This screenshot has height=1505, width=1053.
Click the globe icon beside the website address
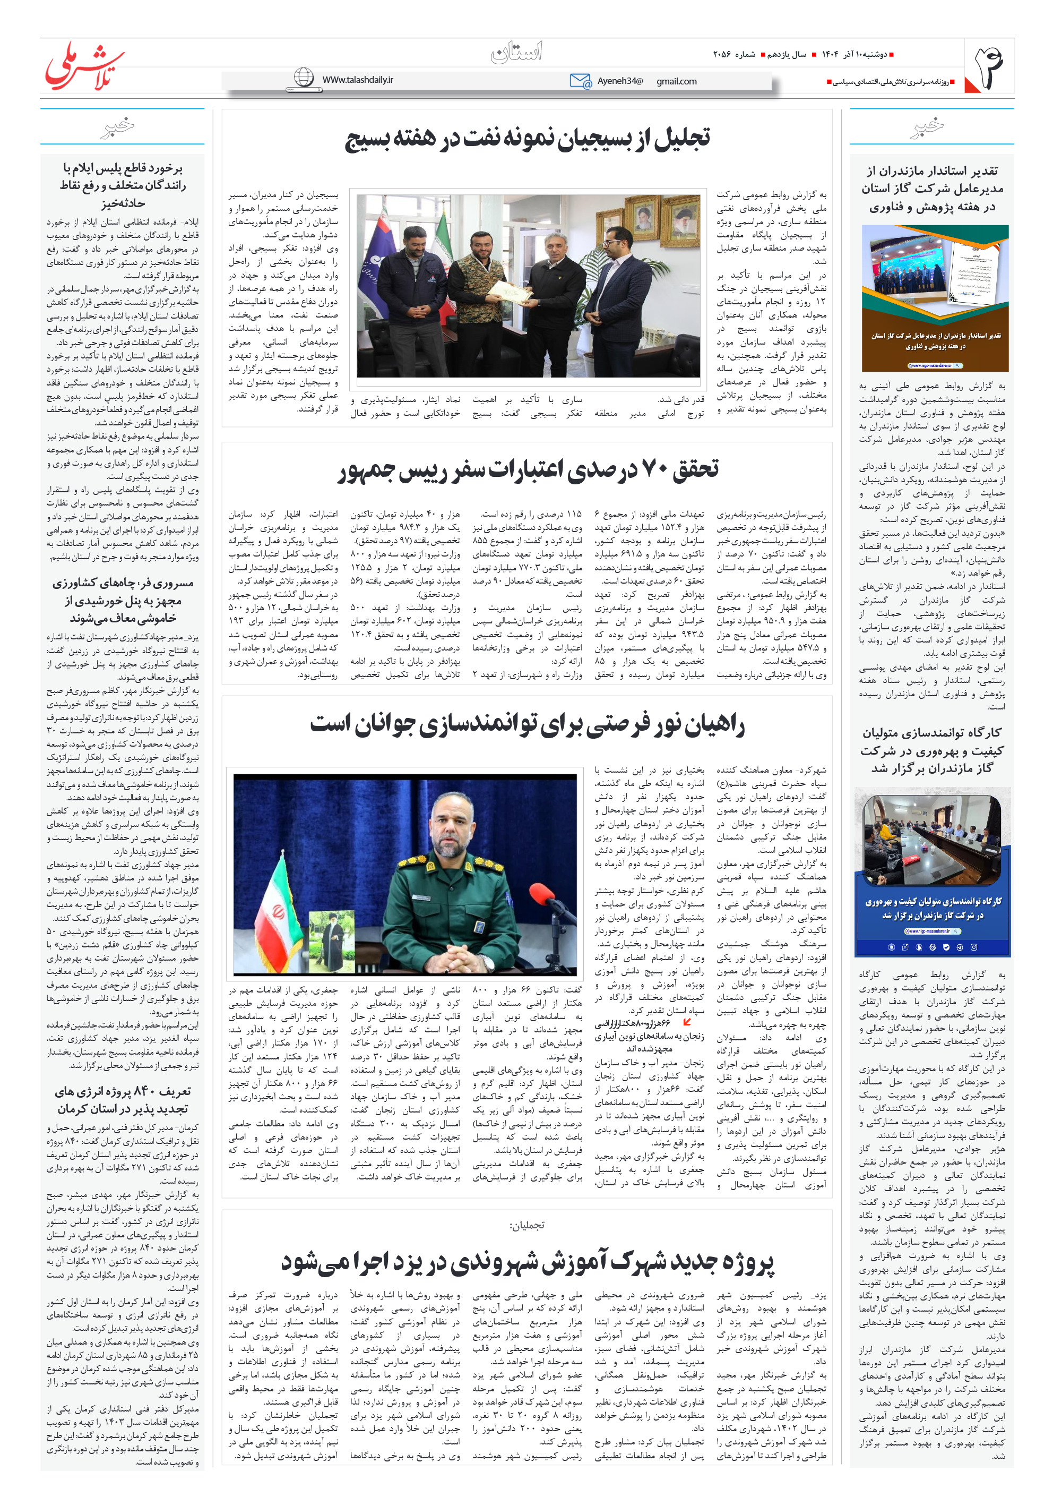[x=304, y=78]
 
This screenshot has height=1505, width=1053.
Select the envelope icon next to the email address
[x=580, y=81]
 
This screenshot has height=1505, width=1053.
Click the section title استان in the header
[x=517, y=53]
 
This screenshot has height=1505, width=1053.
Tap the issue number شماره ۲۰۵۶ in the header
[x=734, y=54]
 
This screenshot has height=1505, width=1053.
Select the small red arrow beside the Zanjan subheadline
[x=687, y=1021]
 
